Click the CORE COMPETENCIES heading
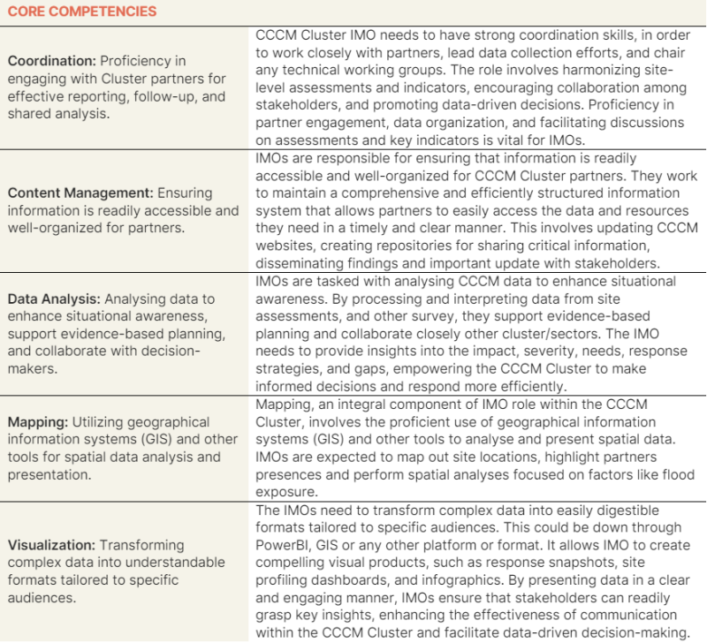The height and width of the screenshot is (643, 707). click(x=82, y=11)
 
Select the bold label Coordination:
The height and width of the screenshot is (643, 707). click(x=50, y=61)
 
